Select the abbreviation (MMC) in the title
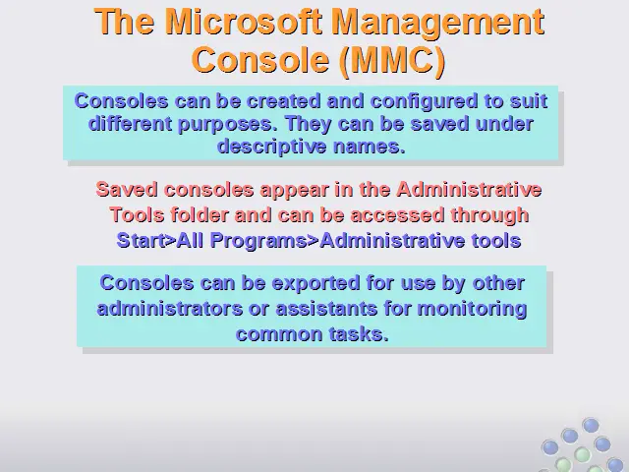392,60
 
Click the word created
284,100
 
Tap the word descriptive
271,147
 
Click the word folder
200,214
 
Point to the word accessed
397,215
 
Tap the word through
489,216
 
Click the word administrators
170,309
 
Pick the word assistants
326,309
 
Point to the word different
130,124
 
